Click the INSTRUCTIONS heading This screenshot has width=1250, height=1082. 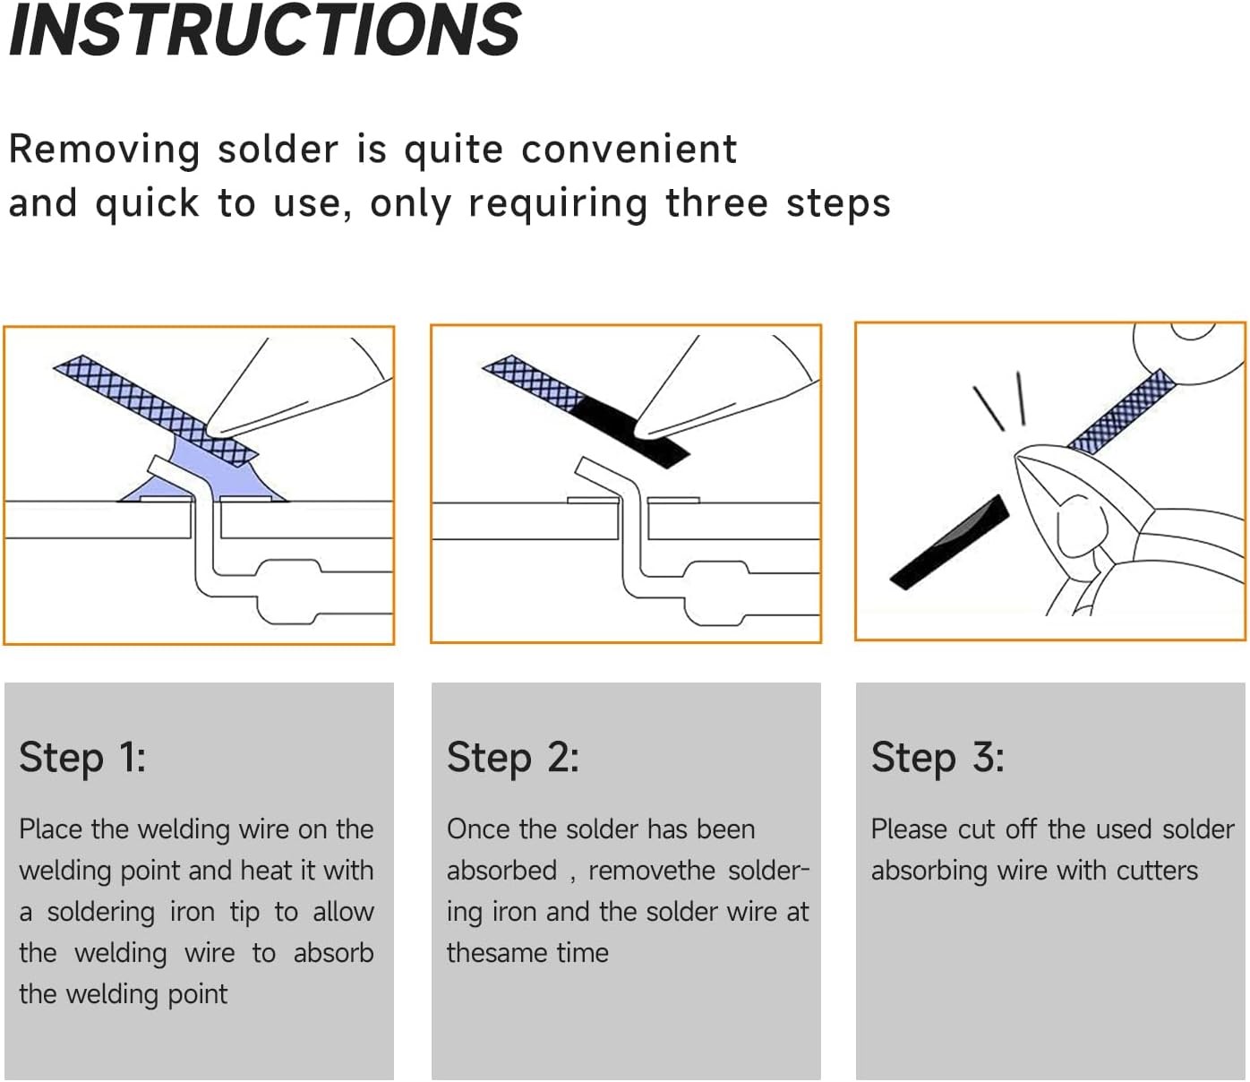264,30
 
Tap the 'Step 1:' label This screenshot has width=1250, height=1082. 82,758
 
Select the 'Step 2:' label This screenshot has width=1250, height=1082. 512,758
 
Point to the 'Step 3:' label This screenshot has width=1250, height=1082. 937,758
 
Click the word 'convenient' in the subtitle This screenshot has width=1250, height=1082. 629,150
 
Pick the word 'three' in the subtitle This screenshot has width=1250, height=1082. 716,203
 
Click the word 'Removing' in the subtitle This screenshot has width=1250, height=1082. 104,150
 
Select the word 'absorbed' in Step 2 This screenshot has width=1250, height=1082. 501,871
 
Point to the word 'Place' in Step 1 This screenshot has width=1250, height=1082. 50,829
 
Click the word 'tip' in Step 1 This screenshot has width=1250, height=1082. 244,913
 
